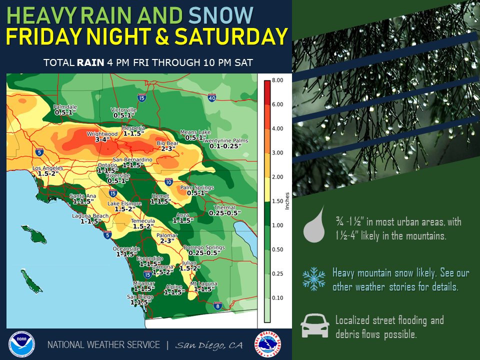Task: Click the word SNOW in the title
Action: click(220, 15)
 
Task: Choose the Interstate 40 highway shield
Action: click(211, 99)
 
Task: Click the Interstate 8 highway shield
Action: click(217, 306)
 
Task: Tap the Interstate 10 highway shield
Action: click(168, 183)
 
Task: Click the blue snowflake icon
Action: click(313, 278)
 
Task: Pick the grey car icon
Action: click(314, 325)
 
